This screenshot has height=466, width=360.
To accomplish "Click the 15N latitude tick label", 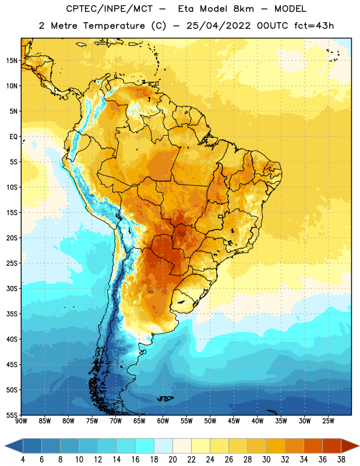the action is pyautogui.click(x=12, y=61).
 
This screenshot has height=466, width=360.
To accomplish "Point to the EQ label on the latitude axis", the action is pyautogui.click(x=13, y=137).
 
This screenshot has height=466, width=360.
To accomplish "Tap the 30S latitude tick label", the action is pyautogui.click(x=12, y=288).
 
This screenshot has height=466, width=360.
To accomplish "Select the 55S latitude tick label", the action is pyautogui.click(x=12, y=415).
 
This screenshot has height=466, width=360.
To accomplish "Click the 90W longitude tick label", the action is pyautogui.click(x=21, y=421).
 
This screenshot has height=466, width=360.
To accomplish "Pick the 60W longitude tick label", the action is pyautogui.click(x=163, y=421).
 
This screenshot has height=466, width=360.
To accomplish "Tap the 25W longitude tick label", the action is pyautogui.click(x=328, y=421).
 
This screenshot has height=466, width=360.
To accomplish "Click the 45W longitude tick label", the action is pyautogui.click(x=234, y=421).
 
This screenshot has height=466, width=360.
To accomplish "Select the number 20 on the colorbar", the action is pyautogui.click(x=172, y=460).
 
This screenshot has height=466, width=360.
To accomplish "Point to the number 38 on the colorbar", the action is pyautogui.click(x=341, y=460).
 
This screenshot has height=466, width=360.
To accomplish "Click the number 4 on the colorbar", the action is pyautogui.click(x=23, y=460).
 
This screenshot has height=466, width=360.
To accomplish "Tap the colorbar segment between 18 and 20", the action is pyautogui.click(x=164, y=446).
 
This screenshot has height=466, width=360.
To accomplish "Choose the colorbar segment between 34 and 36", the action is pyautogui.click(x=313, y=446).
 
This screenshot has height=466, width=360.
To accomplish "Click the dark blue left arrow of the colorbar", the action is pyautogui.click(x=14, y=446).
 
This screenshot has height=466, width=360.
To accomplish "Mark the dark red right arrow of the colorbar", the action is pyautogui.click(x=350, y=446).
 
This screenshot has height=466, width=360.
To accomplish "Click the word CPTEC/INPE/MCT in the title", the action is pyautogui.click(x=110, y=9).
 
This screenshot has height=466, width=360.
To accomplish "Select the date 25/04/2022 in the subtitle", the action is pyautogui.click(x=219, y=26).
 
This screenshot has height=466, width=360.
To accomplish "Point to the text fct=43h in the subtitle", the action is pyautogui.click(x=314, y=26).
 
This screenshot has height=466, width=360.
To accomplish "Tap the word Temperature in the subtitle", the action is pyautogui.click(x=114, y=26).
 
